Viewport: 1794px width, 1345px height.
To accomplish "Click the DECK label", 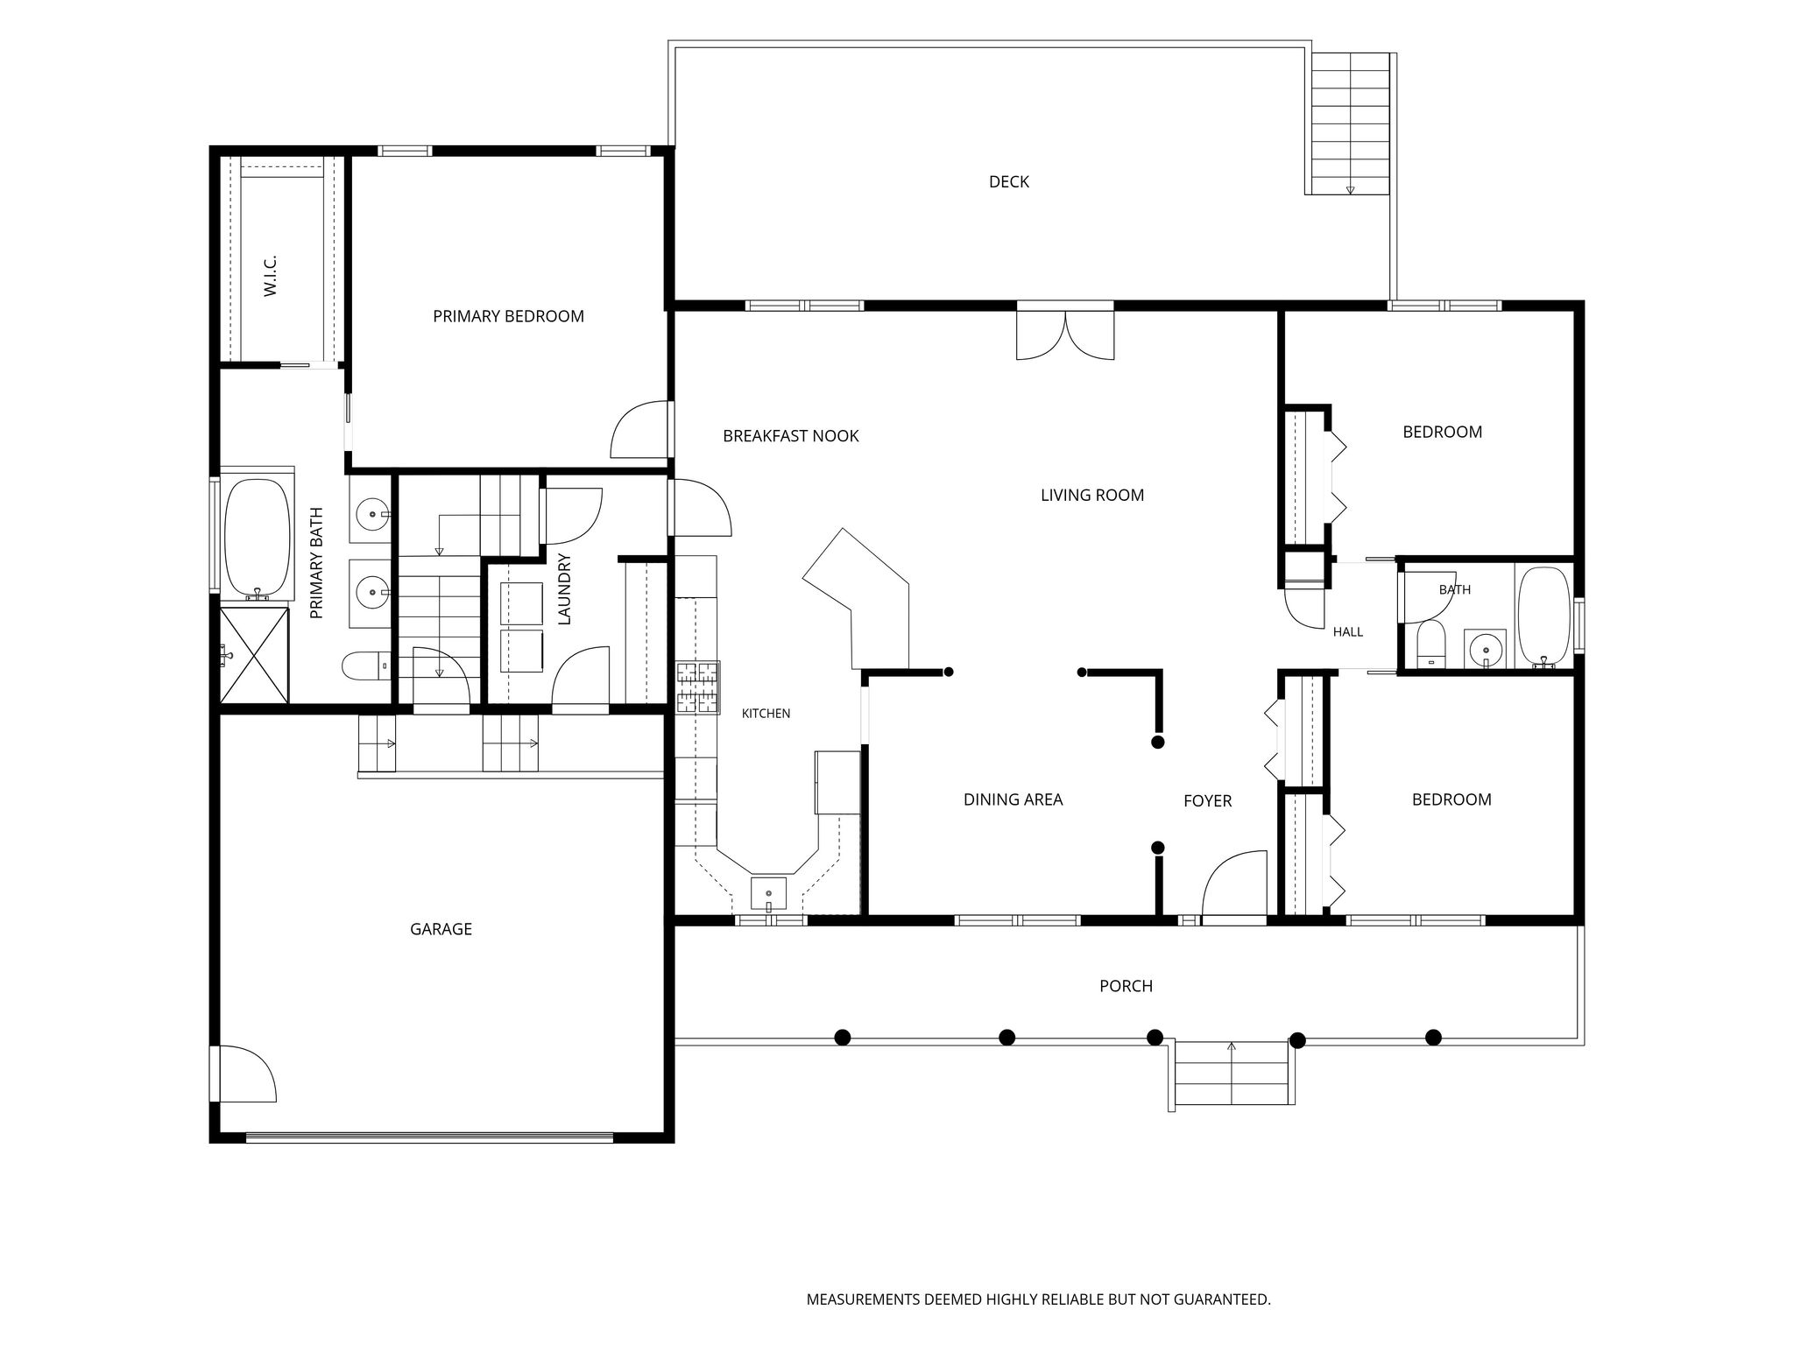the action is (1008, 182).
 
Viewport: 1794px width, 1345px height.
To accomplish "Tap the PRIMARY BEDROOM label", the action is (508, 316).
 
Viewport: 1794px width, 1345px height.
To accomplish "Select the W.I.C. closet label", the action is (270, 275).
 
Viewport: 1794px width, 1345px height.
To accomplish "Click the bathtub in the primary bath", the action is (257, 537).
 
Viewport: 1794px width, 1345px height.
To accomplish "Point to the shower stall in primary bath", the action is (254, 654).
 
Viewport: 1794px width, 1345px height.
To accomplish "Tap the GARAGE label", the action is (441, 929).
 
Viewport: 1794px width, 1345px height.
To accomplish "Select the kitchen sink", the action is (768, 894).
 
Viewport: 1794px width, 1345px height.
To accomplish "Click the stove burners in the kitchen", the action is (697, 687).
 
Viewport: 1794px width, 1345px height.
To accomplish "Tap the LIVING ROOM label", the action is (1092, 495).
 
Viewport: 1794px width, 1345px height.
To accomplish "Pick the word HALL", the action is (1348, 631).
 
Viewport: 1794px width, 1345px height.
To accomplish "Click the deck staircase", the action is (1350, 123).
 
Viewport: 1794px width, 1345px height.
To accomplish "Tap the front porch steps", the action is (1232, 1074).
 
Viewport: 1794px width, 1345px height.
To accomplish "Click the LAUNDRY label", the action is (564, 588).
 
